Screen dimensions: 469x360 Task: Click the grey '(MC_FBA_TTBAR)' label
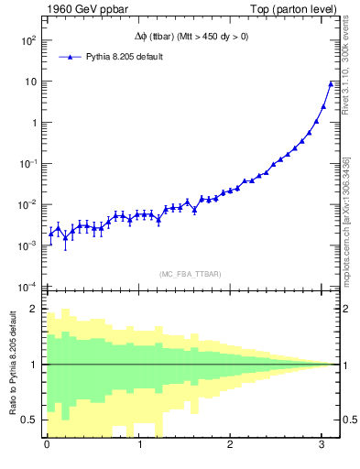point(190,273)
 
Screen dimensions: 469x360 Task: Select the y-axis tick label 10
point(29,82)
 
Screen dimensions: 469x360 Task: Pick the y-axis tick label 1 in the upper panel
point(33,123)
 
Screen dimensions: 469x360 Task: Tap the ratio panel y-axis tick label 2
point(34,310)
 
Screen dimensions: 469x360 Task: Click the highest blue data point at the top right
point(331,84)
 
